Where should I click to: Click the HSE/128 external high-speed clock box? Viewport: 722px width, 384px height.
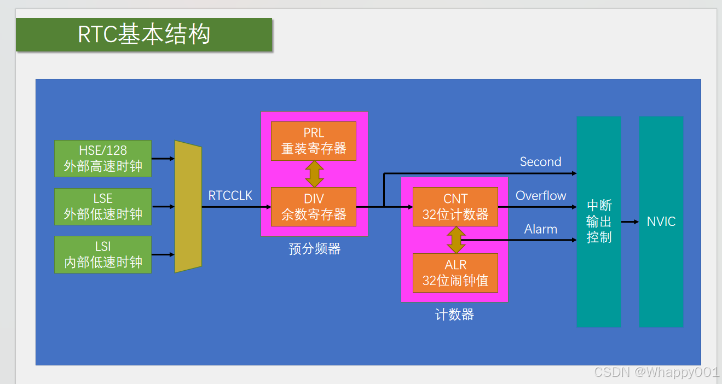pyautogui.click(x=103, y=159)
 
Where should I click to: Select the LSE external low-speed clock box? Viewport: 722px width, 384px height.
pyautogui.click(x=103, y=207)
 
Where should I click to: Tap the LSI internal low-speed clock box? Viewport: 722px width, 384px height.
pyautogui.click(x=103, y=255)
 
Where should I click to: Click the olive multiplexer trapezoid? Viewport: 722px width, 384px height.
pyautogui.click(x=188, y=207)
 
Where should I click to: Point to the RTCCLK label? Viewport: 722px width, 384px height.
pyautogui.click(x=230, y=195)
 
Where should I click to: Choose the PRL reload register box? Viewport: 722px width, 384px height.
pyautogui.click(x=314, y=141)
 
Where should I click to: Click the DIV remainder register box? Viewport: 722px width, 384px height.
pyautogui.click(x=314, y=207)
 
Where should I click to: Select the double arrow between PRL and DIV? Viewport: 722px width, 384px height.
pyautogui.click(x=314, y=174)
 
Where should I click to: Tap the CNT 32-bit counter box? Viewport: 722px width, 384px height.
pyautogui.click(x=455, y=207)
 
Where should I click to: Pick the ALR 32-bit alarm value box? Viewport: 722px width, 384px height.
pyautogui.click(x=455, y=273)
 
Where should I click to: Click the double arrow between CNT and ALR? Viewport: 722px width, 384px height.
pyautogui.click(x=455, y=240)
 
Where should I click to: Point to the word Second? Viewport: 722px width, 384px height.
pyautogui.click(x=540, y=162)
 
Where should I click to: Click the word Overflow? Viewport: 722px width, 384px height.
pyautogui.click(x=541, y=196)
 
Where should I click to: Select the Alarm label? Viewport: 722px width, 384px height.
pyautogui.click(x=541, y=229)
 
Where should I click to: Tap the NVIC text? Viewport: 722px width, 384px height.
pyautogui.click(x=661, y=222)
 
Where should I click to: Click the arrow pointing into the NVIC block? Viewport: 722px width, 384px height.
pyautogui.click(x=630, y=222)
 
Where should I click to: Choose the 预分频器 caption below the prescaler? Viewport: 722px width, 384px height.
pyautogui.click(x=315, y=249)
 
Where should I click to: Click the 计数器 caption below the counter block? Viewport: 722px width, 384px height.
pyautogui.click(x=454, y=315)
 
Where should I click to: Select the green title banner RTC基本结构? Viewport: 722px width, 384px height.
pyautogui.click(x=144, y=34)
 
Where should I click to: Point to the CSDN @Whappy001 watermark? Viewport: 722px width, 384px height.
pyautogui.click(x=656, y=373)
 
